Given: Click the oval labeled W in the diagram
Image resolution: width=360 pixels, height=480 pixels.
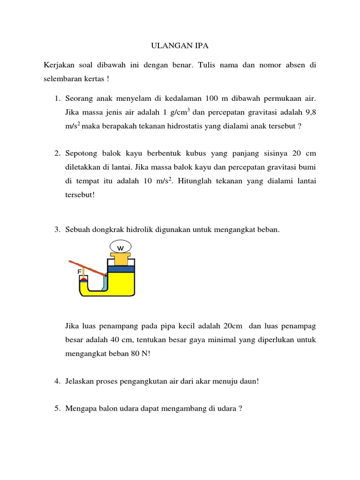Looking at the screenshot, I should pyautogui.click(x=120, y=246).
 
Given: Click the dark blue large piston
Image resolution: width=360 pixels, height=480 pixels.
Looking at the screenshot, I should pyautogui.click(x=121, y=269).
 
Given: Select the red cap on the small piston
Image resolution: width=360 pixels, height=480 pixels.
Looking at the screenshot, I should pyautogui.click(x=83, y=278).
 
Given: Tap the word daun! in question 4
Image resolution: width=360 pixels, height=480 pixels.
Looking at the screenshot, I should pyautogui.click(x=248, y=381).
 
